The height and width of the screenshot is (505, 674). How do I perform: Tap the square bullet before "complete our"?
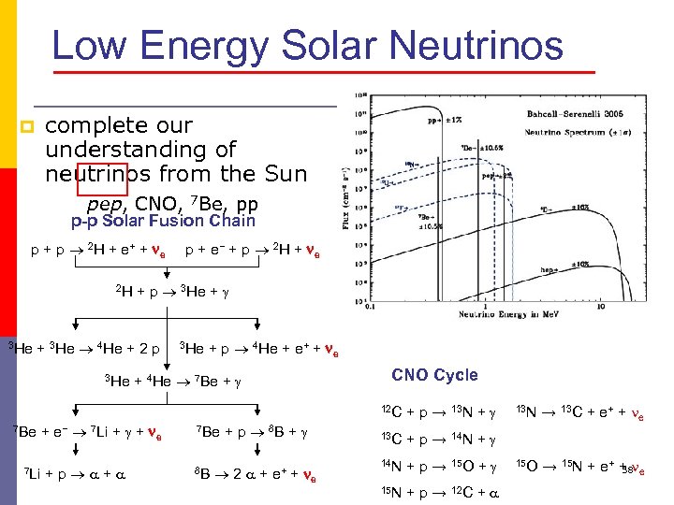tap(28, 127)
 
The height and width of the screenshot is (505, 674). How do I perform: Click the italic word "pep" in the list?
tap(103, 204)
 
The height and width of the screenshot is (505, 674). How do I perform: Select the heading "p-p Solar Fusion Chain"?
tap(163, 222)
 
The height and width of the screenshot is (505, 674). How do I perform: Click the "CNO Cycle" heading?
tap(434, 375)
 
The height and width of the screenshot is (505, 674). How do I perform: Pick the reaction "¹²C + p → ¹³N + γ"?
tap(438, 412)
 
